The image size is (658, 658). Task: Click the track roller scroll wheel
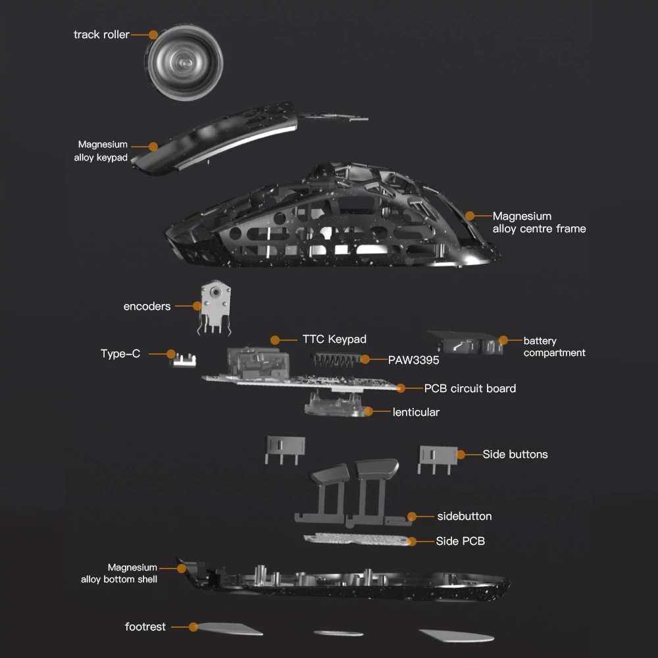(185, 63)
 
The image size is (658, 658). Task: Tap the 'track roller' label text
(101, 34)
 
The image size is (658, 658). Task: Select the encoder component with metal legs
(215, 308)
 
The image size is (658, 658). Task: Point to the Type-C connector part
(184, 361)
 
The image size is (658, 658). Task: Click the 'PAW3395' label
(413, 360)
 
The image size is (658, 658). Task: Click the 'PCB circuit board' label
(470, 389)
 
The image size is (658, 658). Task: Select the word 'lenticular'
(416, 412)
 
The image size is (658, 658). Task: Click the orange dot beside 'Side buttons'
(461, 455)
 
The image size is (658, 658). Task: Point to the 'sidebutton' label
(465, 516)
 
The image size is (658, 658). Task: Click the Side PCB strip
(357, 540)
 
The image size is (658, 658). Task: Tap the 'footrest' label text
(145, 626)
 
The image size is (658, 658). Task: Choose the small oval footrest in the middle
(338, 633)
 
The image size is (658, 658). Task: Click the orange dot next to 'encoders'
(197, 306)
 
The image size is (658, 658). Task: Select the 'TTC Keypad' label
(334, 339)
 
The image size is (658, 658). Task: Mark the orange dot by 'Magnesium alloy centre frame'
(470, 216)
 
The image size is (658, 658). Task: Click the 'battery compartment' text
(554, 347)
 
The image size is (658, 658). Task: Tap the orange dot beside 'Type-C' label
(171, 354)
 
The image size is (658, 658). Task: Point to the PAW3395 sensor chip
(336, 360)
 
